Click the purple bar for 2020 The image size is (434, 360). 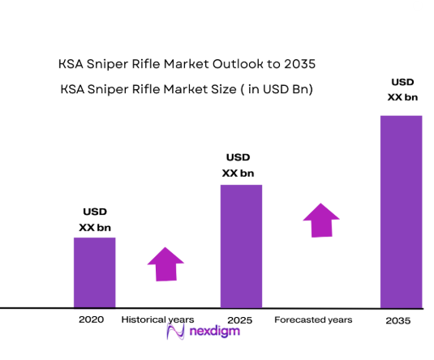pos(94,272)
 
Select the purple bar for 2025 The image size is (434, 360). pos(241,246)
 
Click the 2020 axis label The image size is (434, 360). pos(91,320)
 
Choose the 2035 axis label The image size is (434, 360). pos(397,321)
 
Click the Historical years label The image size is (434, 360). pos(158,320)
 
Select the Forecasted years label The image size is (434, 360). pos(313,320)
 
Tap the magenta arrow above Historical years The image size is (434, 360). pos(165,264)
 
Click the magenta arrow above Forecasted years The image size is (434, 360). pos(321,220)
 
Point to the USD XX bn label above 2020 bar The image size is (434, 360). pos(95,220)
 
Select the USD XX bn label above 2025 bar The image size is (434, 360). pos(238,165)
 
